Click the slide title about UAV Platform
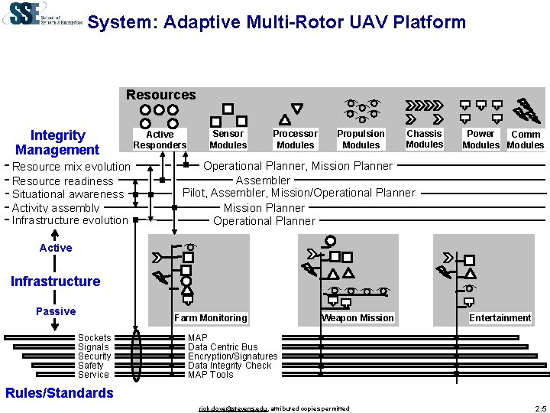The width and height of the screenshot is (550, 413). [x=276, y=22]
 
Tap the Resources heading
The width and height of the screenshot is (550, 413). [x=160, y=95]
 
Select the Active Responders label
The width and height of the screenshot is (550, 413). [x=160, y=139]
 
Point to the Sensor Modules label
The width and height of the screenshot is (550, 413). [x=228, y=139]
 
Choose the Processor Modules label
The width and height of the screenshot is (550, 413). [x=295, y=139]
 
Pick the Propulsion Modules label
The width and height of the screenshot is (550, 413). [x=361, y=139]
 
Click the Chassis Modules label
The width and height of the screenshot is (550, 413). [x=424, y=139]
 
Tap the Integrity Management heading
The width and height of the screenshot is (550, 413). [x=57, y=142]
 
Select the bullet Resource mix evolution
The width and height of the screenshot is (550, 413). [x=72, y=167]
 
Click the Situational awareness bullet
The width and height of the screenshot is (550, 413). [x=68, y=194]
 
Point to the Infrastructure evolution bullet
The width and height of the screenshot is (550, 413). [x=70, y=220]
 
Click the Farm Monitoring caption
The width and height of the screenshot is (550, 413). [x=211, y=318]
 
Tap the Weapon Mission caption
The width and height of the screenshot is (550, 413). [x=357, y=318]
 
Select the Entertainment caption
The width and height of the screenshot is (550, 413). [x=500, y=318]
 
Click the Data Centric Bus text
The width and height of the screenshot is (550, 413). [x=223, y=347]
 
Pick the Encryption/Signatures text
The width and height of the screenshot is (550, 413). [x=233, y=356]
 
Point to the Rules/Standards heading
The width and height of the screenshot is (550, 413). [x=59, y=393]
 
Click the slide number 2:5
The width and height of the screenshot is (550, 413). [x=541, y=408]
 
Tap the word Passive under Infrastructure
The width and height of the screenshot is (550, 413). [x=56, y=311]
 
